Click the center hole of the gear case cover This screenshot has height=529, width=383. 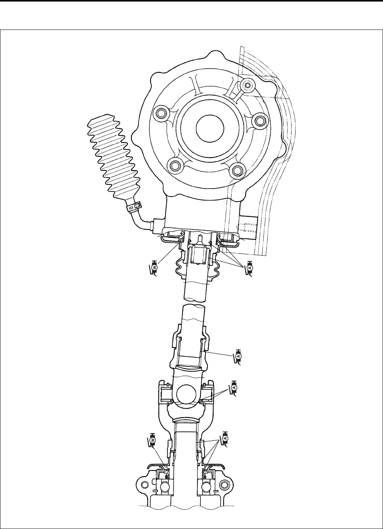pyautogui.click(x=210, y=129)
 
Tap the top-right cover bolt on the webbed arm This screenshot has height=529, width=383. pyautogui.click(x=248, y=85)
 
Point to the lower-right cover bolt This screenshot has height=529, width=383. pyautogui.click(x=237, y=169)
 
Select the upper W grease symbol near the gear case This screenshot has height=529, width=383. pyautogui.click(x=153, y=269)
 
